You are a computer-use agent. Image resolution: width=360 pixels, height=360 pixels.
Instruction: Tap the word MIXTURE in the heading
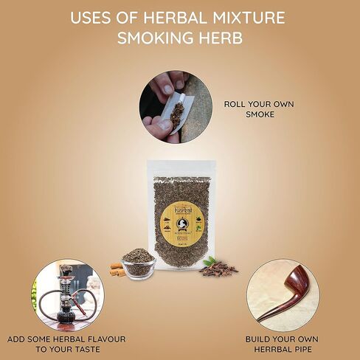tap(251, 18)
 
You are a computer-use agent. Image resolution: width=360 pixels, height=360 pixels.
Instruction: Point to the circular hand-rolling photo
tap(170, 107)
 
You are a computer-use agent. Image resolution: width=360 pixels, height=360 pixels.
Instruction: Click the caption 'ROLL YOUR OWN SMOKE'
tap(259, 110)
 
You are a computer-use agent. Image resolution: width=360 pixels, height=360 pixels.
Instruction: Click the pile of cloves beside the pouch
tap(221, 269)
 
